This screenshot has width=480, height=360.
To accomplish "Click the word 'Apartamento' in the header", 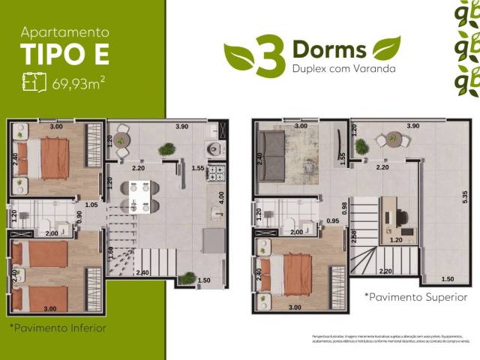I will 64,32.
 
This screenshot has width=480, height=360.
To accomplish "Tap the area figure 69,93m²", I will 78,82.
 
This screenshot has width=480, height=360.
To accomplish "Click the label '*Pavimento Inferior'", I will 58,328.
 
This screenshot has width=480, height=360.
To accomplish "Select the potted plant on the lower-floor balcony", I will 166,149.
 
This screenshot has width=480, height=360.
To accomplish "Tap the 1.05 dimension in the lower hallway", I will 91,204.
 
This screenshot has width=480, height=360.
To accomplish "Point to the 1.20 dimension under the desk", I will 396,240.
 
